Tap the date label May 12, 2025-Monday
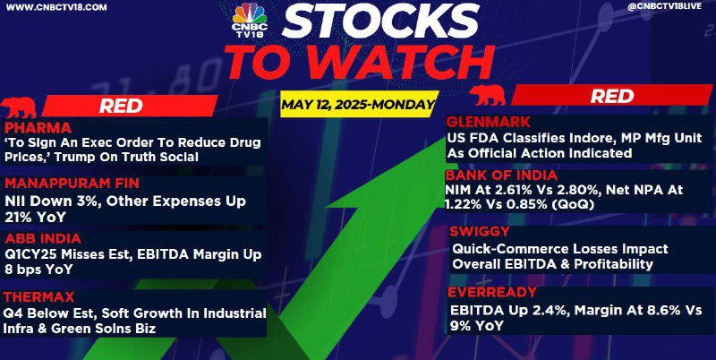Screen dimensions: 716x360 coord(357,105)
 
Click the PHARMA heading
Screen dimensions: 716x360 coord(38,127)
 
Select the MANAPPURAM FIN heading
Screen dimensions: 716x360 coord(72,184)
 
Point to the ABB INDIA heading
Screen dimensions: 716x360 coord(43,238)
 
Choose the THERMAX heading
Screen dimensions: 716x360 coord(38,297)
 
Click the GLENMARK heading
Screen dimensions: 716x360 coord(488,123)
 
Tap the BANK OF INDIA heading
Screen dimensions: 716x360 coord(501,176)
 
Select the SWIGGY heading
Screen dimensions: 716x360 coord(473,232)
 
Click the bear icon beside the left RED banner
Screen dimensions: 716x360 coord(18,107)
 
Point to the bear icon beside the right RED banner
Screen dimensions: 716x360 coord(487,95)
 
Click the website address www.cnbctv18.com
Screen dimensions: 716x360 coord(57,7)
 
